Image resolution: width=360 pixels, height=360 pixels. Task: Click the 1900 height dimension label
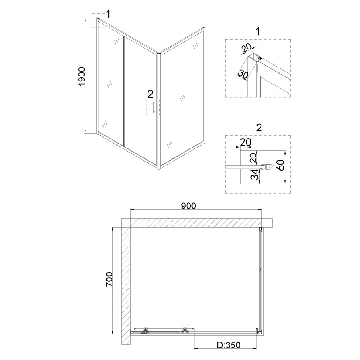click(82, 77)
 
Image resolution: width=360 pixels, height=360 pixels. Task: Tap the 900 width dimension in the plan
click(189, 206)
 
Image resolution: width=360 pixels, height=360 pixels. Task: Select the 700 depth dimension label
click(109, 279)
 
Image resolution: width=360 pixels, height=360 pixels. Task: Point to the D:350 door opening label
click(229, 345)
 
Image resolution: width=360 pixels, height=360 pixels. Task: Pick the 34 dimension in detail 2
click(254, 174)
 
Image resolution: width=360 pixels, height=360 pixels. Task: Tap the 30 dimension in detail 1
click(243, 75)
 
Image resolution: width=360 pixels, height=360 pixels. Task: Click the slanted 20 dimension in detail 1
click(246, 48)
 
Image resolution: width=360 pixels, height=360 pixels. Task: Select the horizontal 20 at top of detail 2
click(245, 142)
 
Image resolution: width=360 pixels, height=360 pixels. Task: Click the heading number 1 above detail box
click(258, 31)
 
